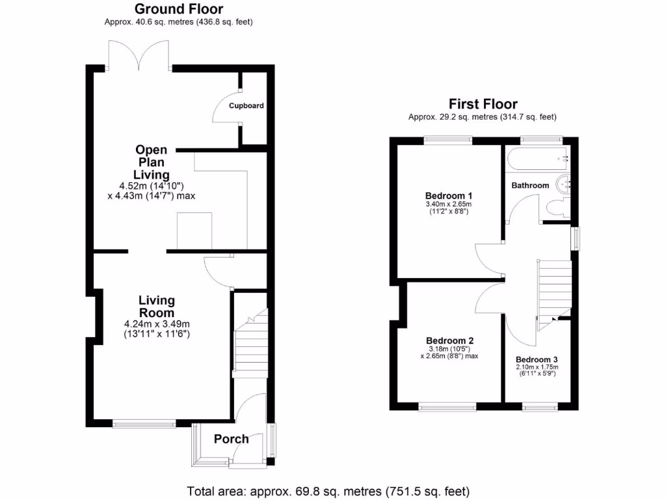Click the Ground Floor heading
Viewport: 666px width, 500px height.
point(178,9)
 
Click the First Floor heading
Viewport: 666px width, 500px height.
point(483,104)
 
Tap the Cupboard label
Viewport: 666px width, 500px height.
point(246,105)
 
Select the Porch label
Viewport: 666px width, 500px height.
point(232,439)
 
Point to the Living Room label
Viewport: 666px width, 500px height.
point(157,306)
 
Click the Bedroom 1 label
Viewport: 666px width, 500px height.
point(449,196)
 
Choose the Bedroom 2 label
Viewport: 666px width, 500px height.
point(449,340)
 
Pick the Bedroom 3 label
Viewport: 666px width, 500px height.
point(537,359)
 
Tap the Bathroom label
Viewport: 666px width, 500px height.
point(530,186)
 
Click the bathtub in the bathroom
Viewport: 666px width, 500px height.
point(537,157)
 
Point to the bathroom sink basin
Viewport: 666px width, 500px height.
point(563,183)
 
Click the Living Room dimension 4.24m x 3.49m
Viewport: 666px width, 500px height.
point(157,324)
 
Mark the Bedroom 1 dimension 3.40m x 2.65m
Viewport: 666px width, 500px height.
point(449,204)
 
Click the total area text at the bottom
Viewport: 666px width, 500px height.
point(328,491)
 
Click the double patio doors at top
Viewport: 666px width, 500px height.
point(139,57)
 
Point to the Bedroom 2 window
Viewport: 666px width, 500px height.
point(447,408)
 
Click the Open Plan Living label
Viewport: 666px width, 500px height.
point(152,162)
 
